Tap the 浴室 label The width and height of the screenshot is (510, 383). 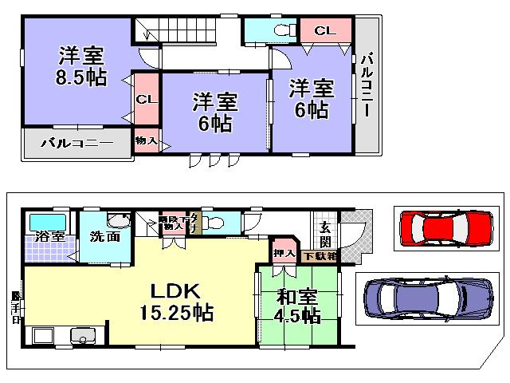(49, 236)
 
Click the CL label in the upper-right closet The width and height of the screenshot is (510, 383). (324, 31)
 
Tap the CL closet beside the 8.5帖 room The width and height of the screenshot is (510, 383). (144, 100)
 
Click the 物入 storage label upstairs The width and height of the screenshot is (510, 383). (146, 140)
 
